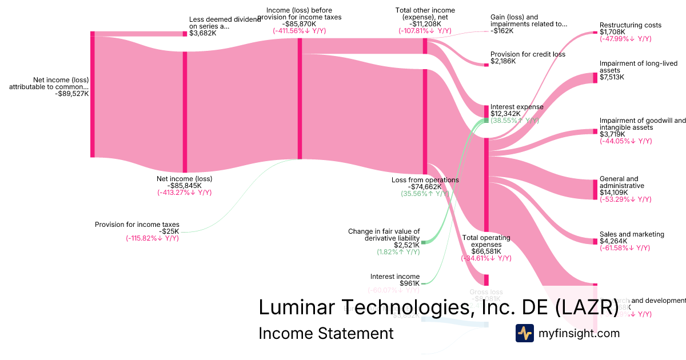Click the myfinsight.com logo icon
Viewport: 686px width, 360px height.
pos(524,333)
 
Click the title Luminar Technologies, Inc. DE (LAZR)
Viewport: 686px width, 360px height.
pos(438,307)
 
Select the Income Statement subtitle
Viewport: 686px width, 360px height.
pos(326,333)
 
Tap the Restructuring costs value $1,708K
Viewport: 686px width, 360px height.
pos(612,32)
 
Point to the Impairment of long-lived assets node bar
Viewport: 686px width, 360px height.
pos(595,78)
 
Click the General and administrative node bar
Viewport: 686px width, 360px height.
pos(595,189)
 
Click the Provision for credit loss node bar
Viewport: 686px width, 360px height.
pos(486,65)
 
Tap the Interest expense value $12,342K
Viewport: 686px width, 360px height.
pos(505,114)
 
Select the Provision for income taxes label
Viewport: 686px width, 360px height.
pos(137,225)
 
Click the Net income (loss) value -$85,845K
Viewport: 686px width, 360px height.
pos(184,186)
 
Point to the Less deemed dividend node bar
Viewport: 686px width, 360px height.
pos(185,34)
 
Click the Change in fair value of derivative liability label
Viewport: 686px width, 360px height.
pos(384,234)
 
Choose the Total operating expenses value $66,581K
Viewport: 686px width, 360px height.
pos(486,251)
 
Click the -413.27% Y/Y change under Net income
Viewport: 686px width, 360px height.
pos(184,193)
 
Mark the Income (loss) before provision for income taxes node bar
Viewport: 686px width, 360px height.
pos(300,98)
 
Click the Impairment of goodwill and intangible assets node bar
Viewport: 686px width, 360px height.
pos(595,131)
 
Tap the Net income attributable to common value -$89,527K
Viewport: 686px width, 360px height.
pos(71,94)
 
